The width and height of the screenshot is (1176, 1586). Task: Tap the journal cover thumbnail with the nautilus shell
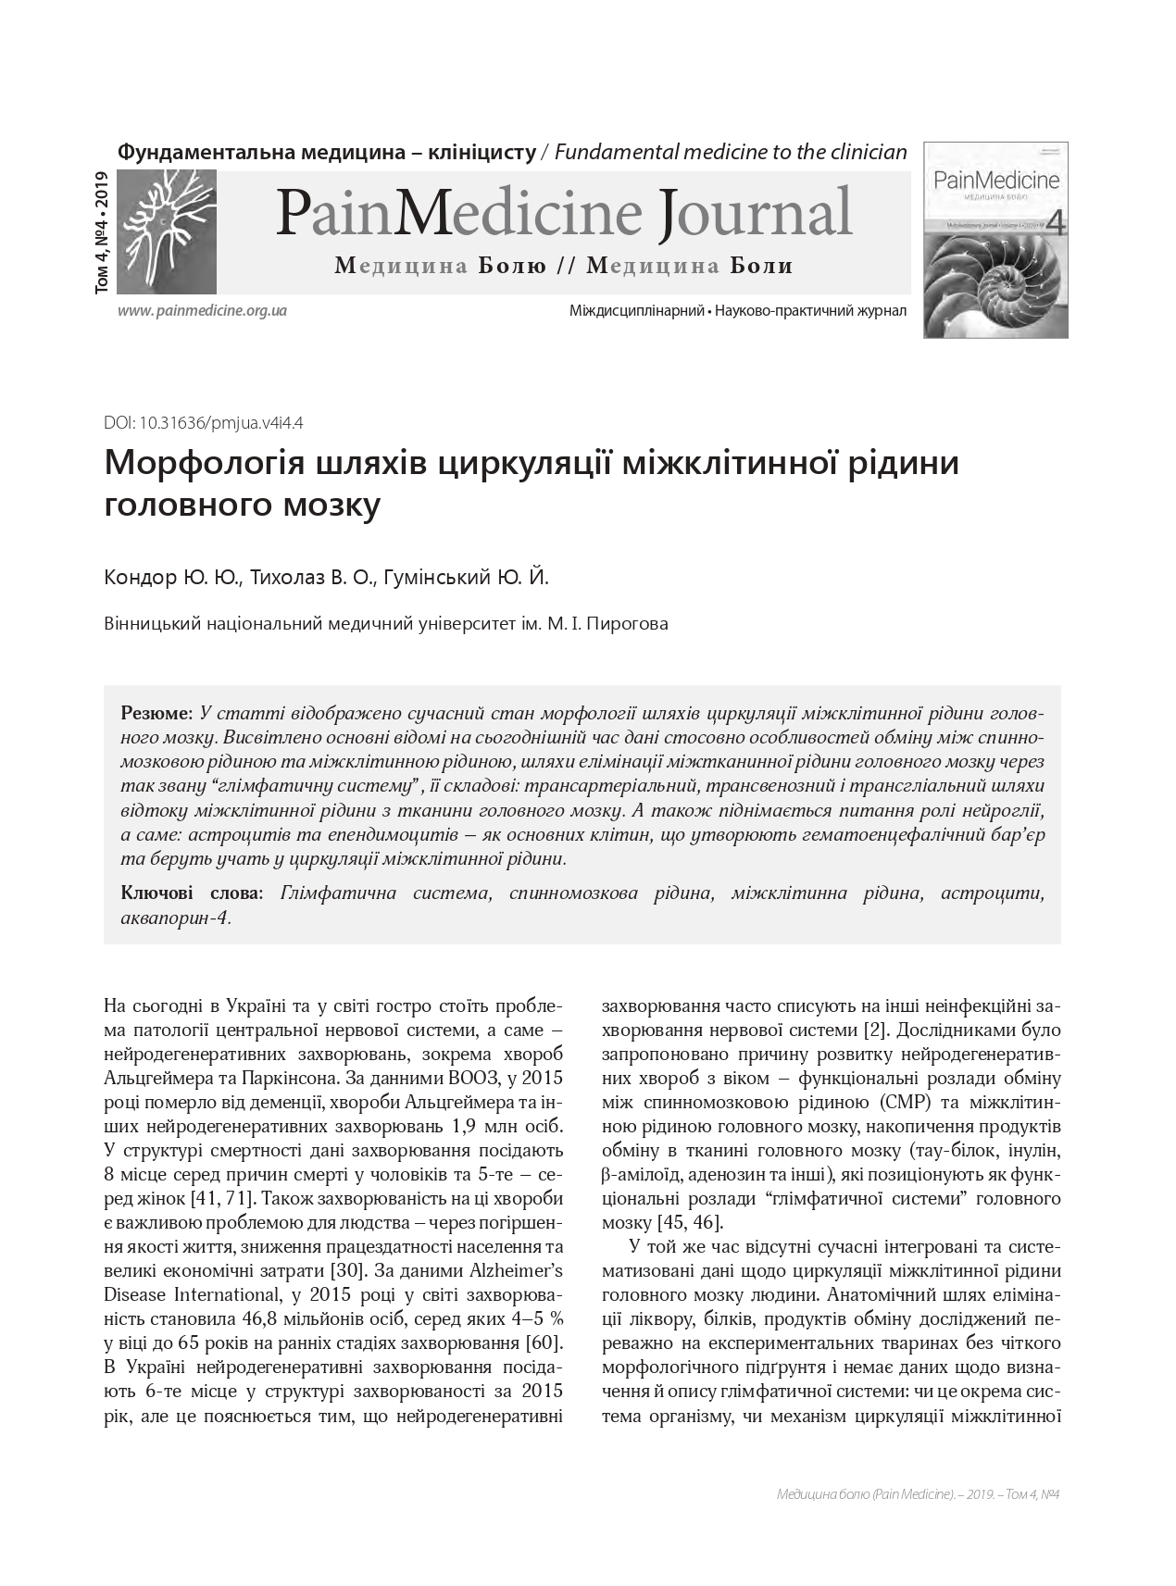point(995,239)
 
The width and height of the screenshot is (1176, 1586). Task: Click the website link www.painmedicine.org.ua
point(202,311)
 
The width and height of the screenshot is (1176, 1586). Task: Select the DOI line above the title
point(205,423)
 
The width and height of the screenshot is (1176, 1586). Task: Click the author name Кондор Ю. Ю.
point(174,579)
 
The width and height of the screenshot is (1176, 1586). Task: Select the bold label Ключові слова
point(191,893)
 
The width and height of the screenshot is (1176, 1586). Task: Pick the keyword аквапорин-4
point(175,918)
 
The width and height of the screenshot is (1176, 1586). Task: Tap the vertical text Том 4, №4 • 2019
point(101,233)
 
